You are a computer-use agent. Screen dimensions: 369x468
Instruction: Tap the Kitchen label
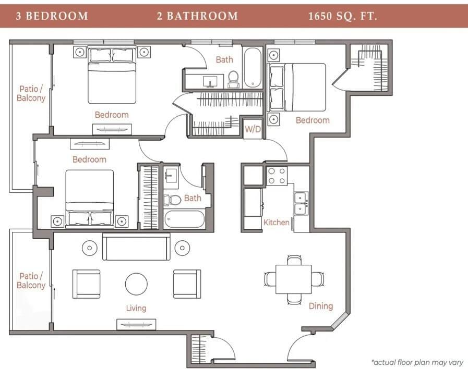pos(276,223)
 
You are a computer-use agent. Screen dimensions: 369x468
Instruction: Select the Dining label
pos(320,306)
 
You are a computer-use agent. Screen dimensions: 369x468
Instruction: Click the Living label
pos(136,308)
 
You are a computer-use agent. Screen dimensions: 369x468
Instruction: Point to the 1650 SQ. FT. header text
pos(343,16)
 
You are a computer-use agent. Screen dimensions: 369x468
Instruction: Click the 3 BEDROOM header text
pos(52,16)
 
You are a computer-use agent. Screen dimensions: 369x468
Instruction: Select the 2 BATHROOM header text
pos(197,16)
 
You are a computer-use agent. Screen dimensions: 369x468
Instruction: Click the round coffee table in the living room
pos(136,284)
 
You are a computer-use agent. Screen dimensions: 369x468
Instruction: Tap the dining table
pos(293,279)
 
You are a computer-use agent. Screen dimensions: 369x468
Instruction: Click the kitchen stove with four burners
pos(277,176)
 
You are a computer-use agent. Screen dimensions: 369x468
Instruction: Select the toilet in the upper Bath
pos(233,79)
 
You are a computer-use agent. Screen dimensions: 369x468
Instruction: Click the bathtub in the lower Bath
pos(185,219)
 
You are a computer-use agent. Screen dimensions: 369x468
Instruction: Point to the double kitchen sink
pos(301,203)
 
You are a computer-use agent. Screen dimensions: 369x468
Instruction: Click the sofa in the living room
pos(136,247)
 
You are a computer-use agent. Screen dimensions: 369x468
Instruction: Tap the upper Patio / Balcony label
pos(31,93)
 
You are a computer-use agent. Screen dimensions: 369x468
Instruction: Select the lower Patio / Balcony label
pos(31,280)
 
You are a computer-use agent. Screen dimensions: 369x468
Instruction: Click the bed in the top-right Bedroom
pos(297,88)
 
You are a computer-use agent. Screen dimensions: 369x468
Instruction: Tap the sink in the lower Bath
pos(171,176)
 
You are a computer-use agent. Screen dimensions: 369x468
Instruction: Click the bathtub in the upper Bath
pos(253,68)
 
